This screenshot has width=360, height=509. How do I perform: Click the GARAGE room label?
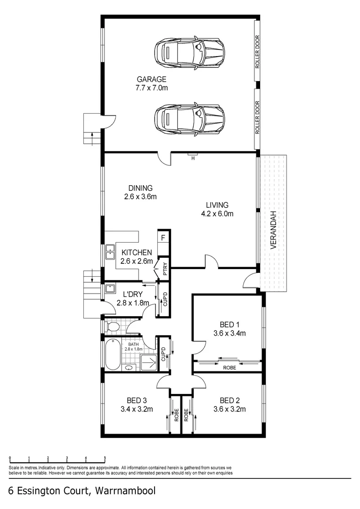coord(151,79)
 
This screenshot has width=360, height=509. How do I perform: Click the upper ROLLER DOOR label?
coord(257,52)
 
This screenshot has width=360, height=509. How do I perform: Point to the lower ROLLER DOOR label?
coord(257,117)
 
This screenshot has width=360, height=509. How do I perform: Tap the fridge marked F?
coord(163,238)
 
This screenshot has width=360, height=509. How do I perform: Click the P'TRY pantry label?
coord(165,269)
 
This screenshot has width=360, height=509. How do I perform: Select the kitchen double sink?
coord(110,252)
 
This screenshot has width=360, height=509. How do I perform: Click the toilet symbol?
coord(112,327)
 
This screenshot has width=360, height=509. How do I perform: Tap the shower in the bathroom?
coord(148,362)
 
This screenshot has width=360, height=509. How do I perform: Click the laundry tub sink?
coord(110,288)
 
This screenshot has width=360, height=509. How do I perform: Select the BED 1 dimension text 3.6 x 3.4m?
coord(229,333)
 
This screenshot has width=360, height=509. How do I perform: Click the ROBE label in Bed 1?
coord(229,368)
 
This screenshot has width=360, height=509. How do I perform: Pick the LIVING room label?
coord(217,205)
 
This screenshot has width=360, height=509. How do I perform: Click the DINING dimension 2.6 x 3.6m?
coord(140,197)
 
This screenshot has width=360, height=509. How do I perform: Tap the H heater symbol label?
coord(193,158)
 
